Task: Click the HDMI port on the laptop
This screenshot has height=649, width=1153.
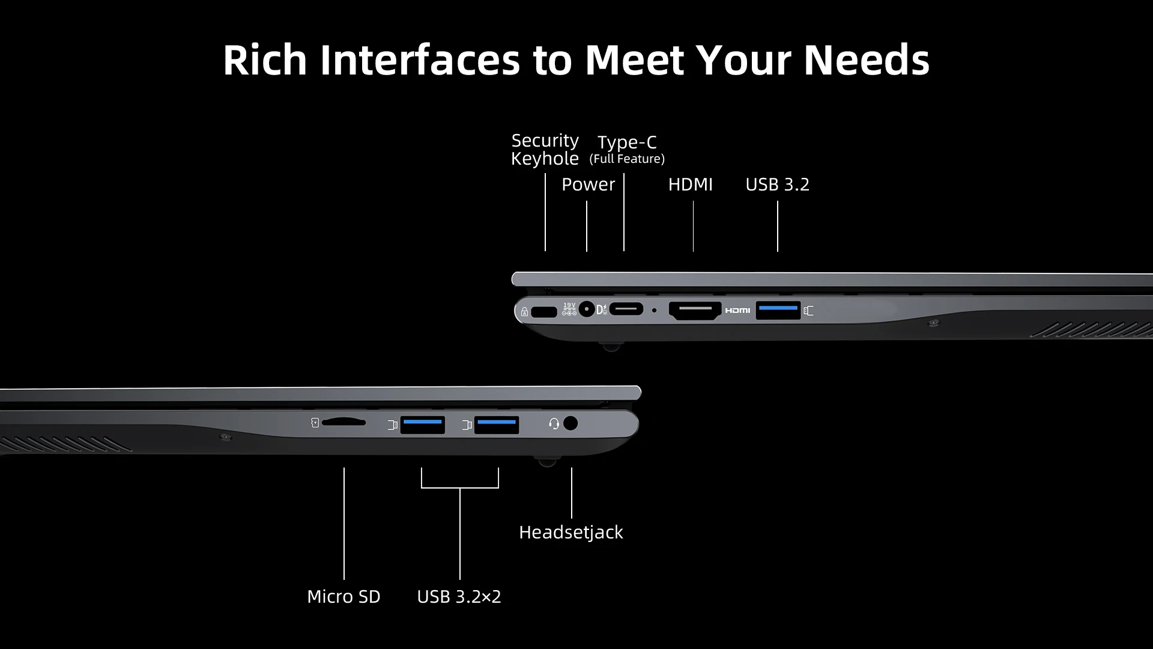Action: point(695,310)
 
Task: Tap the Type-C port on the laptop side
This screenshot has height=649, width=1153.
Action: point(626,309)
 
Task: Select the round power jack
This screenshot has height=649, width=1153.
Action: point(587,309)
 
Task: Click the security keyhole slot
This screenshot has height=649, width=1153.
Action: point(544,312)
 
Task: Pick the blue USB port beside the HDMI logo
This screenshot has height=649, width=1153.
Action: point(778,309)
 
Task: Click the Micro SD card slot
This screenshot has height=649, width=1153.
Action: point(343,422)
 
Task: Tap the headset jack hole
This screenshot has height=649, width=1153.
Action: point(570,423)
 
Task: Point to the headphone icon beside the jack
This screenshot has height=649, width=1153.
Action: point(554,424)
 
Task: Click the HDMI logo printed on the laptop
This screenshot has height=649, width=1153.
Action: point(737,310)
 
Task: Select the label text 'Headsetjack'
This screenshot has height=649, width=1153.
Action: point(570,532)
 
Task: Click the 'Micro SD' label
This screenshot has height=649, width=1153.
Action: point(343,596)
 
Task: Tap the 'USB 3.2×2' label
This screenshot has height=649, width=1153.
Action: point(459,596)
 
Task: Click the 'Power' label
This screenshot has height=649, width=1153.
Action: point(588,184)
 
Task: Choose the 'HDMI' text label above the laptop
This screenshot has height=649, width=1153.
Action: point(690,184)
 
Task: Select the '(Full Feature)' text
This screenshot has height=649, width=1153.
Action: point(627,159)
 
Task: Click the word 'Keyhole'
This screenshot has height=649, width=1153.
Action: point(545,159)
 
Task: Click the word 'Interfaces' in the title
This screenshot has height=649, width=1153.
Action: point(420,59)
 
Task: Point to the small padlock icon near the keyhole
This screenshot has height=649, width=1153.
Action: point(524,312)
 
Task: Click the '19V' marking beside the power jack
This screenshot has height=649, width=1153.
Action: point(569,305)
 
